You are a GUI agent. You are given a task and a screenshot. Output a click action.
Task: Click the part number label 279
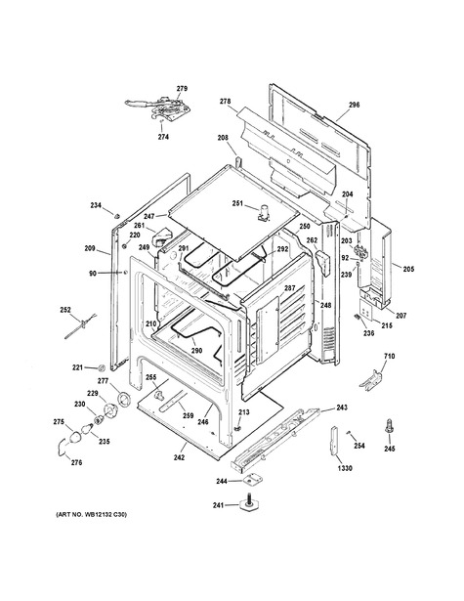182,89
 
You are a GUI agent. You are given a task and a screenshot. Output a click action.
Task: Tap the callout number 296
354,105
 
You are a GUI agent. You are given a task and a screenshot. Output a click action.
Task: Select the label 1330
345,468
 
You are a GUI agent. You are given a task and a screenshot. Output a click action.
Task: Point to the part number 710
390,356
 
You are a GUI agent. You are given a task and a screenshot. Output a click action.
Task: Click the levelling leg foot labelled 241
250,504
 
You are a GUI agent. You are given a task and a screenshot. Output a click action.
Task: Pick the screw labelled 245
390,426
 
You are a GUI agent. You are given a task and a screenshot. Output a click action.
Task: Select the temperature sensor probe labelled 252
80,326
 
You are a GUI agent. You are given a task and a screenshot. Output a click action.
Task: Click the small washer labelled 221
102,367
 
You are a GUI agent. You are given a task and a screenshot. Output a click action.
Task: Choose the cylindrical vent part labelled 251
264,213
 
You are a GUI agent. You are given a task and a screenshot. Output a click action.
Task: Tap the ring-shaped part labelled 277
124,399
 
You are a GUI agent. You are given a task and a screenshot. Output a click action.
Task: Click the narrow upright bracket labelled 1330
334,441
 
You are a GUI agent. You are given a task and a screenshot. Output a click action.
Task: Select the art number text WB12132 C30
103,514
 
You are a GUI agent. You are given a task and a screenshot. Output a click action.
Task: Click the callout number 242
179,457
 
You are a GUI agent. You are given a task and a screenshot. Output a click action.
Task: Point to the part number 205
408,269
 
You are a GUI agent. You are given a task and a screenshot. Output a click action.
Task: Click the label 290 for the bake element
196,350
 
